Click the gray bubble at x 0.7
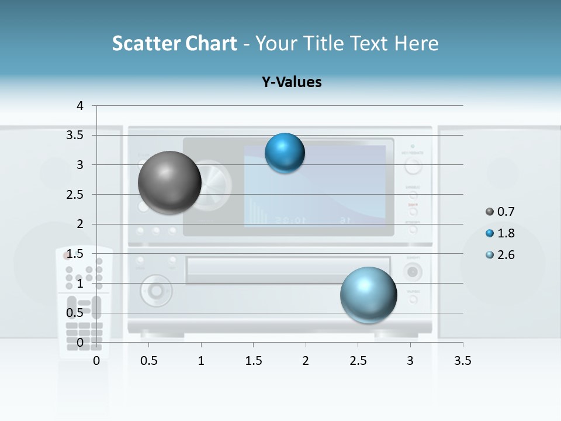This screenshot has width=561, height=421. pos(169,182)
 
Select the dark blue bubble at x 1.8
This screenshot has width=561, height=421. pos(285,153)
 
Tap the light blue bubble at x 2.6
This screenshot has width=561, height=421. pos(369,295)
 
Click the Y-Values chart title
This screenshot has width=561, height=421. pos(292,82)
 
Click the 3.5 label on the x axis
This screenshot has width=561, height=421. pos(463,361)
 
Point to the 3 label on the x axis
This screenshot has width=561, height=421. pos(410,361)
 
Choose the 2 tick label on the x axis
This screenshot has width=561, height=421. pos(306,361)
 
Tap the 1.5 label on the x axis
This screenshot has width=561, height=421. pos(253,361)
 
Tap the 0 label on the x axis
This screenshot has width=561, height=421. pos(97,361)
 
